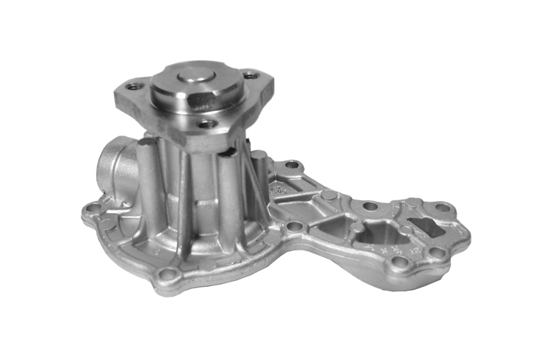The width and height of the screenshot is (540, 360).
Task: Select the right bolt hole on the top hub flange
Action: click(x=248, y=75)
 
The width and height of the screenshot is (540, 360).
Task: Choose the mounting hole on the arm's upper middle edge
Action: click(x=370, y=206)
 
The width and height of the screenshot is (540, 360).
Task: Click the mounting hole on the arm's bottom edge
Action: click(x=399, y=263)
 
